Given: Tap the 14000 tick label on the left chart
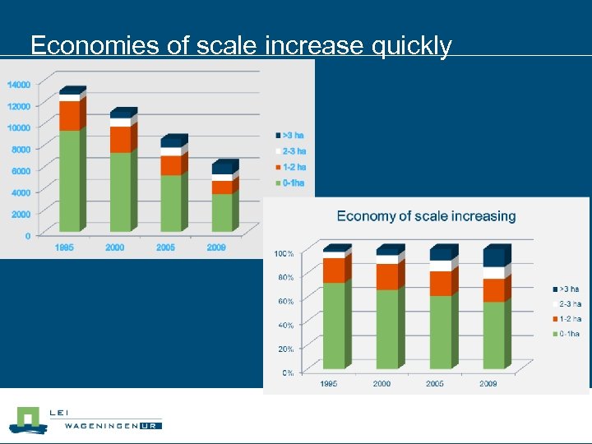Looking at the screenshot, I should pos(19,84).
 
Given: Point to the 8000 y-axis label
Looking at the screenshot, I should pos(21,149).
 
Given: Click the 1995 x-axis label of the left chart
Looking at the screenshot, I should pos(64,247).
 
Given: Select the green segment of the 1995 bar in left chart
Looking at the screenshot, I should pos(70,181).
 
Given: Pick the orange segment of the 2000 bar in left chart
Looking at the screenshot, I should pos(120,140).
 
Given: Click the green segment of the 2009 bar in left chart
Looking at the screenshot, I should pos(222,212).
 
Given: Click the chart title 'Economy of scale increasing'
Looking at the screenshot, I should pos(426,216).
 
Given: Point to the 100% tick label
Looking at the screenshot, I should pos(284,253).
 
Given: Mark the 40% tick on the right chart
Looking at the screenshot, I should pos(284,326).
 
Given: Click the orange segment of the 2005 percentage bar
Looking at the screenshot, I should pos(440,284).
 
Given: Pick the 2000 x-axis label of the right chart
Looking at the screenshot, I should pos(382,383).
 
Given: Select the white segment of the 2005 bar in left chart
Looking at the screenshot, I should pos(171,151).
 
